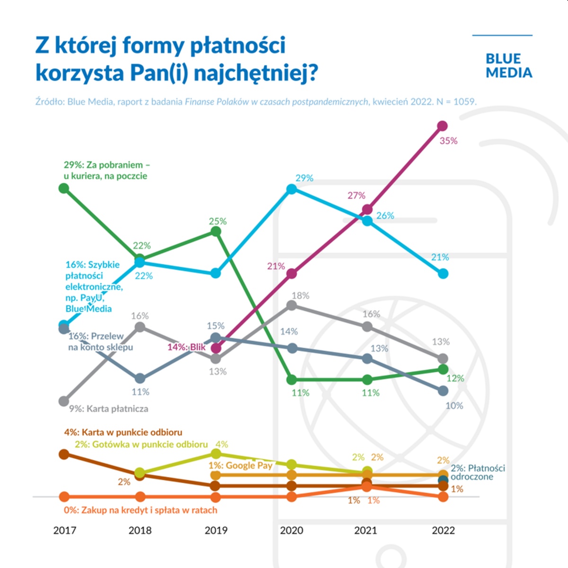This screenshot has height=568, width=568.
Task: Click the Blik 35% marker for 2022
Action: tap(443, 126)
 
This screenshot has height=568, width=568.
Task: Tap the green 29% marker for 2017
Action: tap(64, 188)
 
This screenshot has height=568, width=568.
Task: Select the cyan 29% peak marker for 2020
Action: tap(292, 189)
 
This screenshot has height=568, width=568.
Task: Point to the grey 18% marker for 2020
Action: tap(292, 305)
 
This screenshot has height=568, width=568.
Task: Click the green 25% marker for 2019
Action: tap(215, 231)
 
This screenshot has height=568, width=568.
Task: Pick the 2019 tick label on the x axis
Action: tap(216, 531)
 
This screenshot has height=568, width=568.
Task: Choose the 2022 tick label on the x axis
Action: tap(443, 531)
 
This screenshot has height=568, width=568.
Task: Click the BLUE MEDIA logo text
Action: tap(508, 66)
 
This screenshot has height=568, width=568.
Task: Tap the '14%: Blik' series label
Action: tap(186, 347)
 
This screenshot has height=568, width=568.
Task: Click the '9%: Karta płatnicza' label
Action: tap(109, 409)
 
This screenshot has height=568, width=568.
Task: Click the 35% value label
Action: tap(448, 141)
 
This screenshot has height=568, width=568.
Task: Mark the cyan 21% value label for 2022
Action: tap(440, 257)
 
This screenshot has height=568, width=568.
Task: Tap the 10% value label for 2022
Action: tap(454, 406)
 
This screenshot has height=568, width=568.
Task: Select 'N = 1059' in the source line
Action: tap(455, 102)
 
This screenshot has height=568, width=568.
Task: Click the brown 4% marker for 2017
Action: tap(64, 454)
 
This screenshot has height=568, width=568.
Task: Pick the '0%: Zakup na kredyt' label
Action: tap(141, 510)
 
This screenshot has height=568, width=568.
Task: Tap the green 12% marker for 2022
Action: tap(443, 369)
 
